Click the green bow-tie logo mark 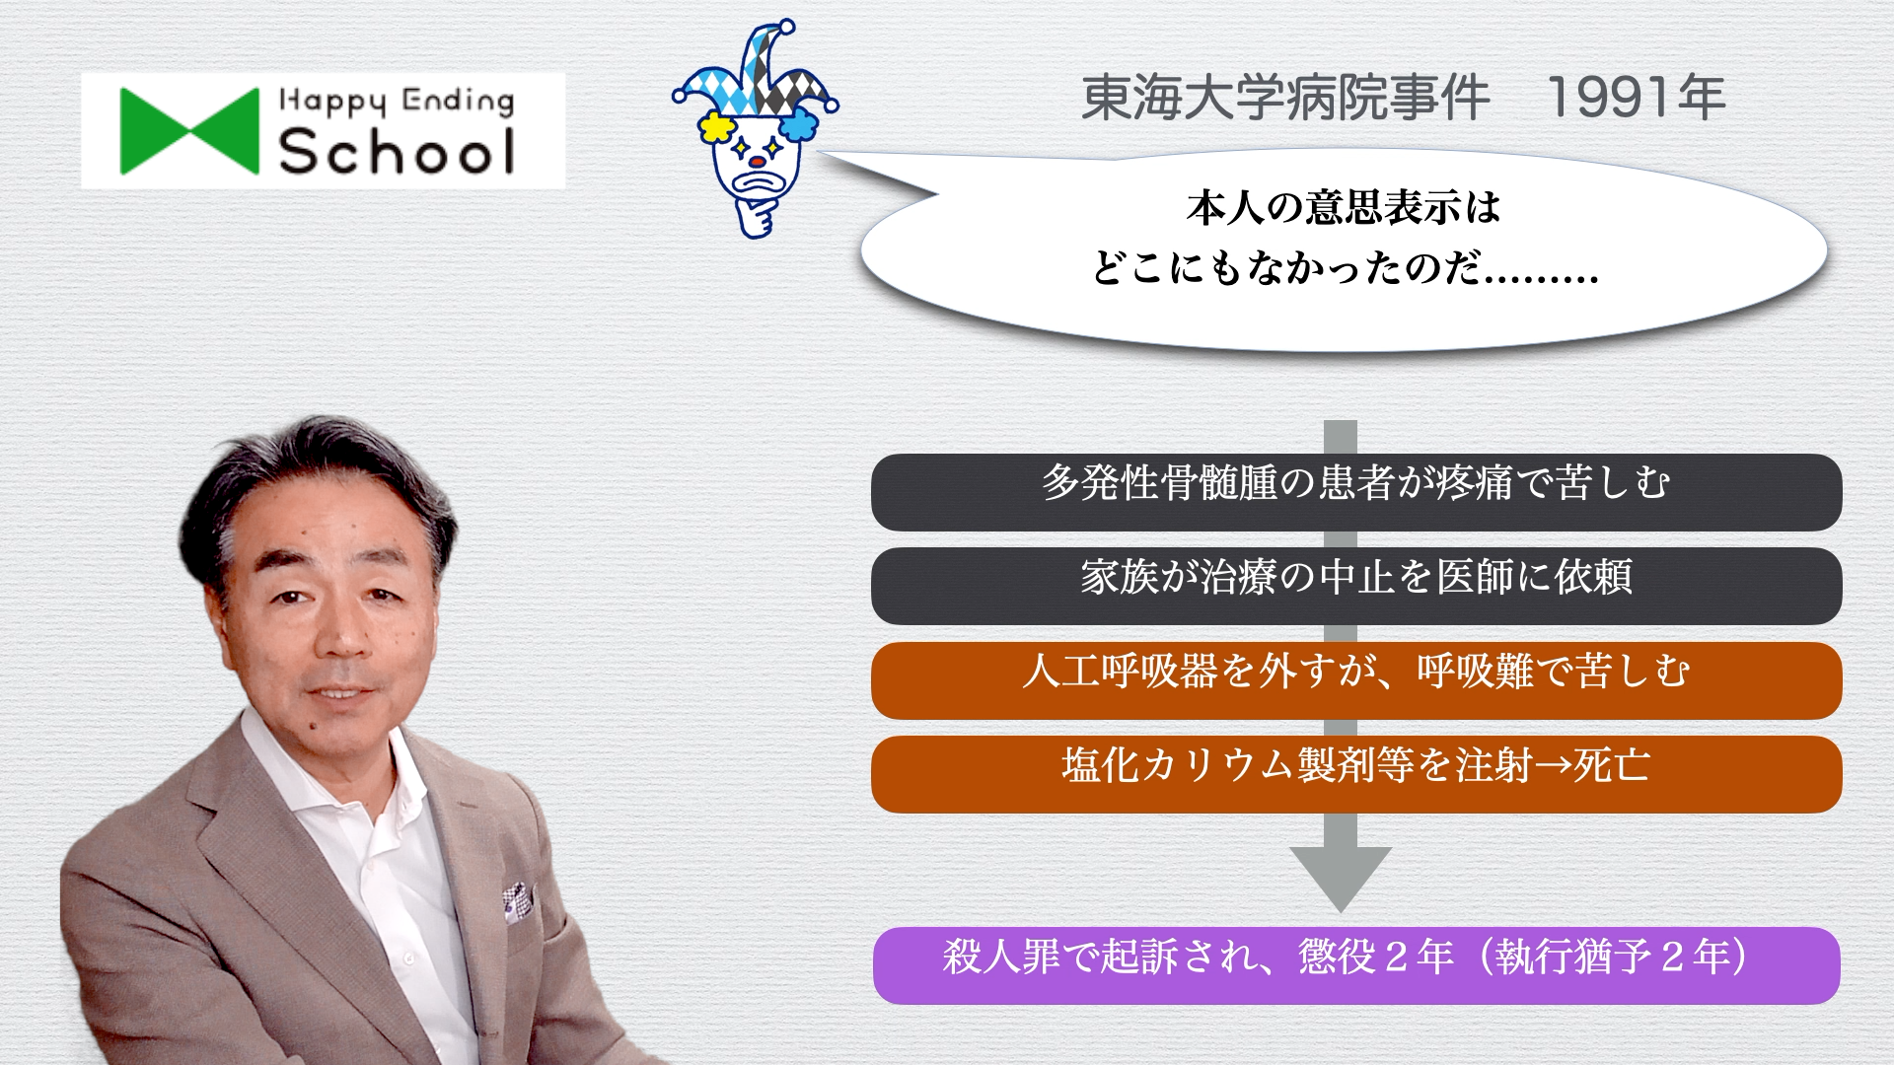tap(189, 131)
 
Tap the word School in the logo tap(397, 152)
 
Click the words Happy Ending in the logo tap(397, 101)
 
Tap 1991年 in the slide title tap(1636, 98)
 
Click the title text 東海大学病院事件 tap(1285, 98)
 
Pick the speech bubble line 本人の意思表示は tap(1344, 207)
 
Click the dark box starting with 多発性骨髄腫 tap(1356, 492)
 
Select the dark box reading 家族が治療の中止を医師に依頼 tap(1356, 586)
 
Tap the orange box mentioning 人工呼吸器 tap(1356, 680)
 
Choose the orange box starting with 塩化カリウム tap(1356, 774)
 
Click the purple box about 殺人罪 tap(1356, 965)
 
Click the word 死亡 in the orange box tap(1611, 765)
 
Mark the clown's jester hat tap(756, 74)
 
